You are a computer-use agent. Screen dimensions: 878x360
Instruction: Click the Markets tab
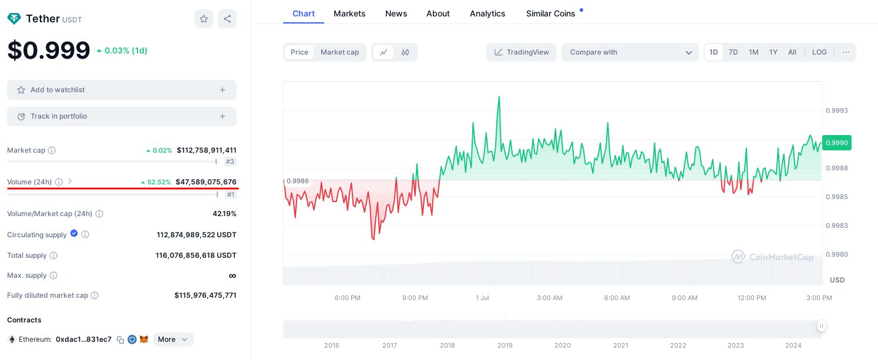tap(349, 14)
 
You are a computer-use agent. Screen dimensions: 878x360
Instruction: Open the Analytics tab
tap(487, 14)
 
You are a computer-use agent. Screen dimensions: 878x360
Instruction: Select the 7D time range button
tap(733, 52)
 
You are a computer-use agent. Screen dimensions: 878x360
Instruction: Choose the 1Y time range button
tap(773, 52)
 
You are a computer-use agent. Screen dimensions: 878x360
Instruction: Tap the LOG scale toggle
tap(819, 52)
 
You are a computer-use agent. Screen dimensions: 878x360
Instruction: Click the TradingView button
tap(522, 52)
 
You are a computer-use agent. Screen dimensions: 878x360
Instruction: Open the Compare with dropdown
tap(630, 52)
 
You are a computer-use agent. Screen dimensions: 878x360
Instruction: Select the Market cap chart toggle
tap(339, 52)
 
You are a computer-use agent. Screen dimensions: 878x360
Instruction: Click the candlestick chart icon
tap(405, 52)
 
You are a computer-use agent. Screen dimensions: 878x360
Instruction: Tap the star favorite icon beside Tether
tap(204, 19)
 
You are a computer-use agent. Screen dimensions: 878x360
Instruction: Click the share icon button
tap(227, 19)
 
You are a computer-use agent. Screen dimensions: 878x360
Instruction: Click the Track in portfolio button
tap(122, 116)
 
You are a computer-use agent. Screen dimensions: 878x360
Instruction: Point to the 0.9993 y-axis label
tap(836, 110)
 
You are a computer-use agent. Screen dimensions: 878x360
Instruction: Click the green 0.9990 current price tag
tap(836, 143)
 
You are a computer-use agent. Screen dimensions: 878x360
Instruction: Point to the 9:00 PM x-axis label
tap(415, 298)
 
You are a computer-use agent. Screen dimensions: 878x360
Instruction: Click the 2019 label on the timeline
tap(505, 345)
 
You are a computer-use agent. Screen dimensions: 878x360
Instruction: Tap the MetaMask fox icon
tap(144, 339)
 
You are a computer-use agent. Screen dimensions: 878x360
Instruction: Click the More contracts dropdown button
tap(173, 339)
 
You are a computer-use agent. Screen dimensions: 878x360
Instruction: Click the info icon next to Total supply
tap(53, 255)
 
